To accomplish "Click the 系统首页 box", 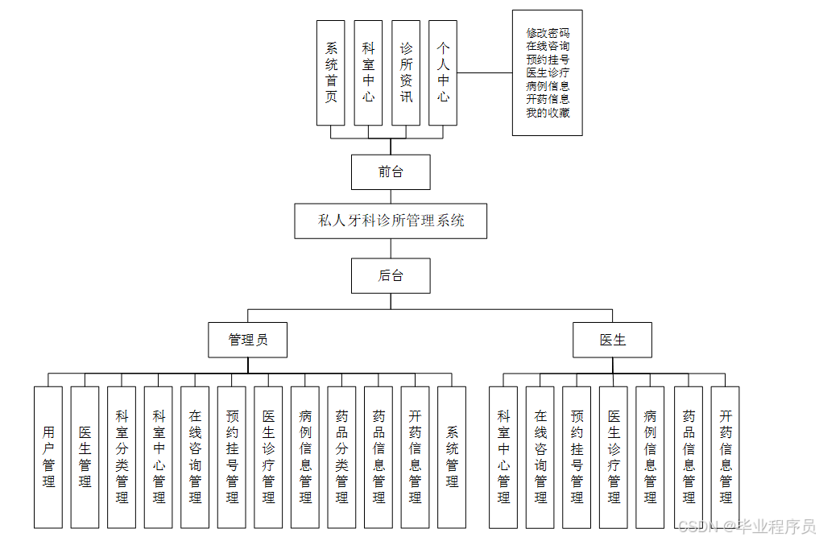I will pyautogui.click(x=331, y=72).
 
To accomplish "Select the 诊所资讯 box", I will pyautogui.click(x=406, y=72).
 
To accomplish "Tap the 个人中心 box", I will pyautogui.click(x=443, y=72).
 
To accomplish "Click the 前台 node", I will pyautogui.click(x=391, y=171).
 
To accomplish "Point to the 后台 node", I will pyautogui.click(x=391, y=275).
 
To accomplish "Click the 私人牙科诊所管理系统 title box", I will pyautogui.click(x=391, y=221).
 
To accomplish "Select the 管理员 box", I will pyautogui.click(x=248, y=340).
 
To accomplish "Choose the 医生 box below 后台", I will pyautogui.click(x=612, y=340).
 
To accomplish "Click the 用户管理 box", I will pyautogui.click(x=48, y=457).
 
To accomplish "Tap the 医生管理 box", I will pyautogui.click(x=85, y=457).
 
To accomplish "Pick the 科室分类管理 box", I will pyautogui.click(x=122, y=457).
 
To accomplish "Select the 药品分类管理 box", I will pyautogui.click(x=341, y=457).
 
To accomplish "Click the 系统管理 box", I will pyautogui.click(x=452, y=457).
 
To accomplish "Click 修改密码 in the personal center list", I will pyautogui.click(x=548, y=33).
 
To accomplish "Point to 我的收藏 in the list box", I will pyautogui.click(x=548, y=112).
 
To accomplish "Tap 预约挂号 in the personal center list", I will pyautogui.click(x=548, y=59).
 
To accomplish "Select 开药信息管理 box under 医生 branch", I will pyautogui.click(x=726, y=457).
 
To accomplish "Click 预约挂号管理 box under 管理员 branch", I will pyautogui.click(x=232, y=457).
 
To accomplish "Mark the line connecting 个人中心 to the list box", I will pyautogui.click(x=484, y=72).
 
